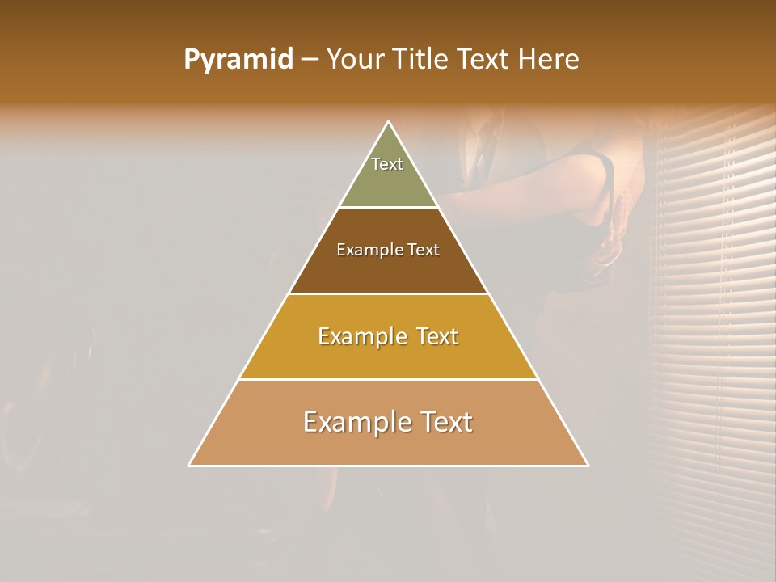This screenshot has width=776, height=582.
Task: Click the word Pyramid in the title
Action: coord(238,60)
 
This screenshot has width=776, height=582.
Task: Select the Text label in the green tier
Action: coord(387,164)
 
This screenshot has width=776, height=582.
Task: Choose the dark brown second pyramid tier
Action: coord(388,271)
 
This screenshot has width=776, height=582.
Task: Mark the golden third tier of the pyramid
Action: coord(388,356)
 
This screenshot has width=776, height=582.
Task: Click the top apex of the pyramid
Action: coord(388,122)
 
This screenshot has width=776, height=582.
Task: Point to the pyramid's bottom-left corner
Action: coord(189,465)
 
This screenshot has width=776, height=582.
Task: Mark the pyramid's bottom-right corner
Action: coord(588,465)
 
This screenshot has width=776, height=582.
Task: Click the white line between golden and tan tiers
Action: coord(388,379)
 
